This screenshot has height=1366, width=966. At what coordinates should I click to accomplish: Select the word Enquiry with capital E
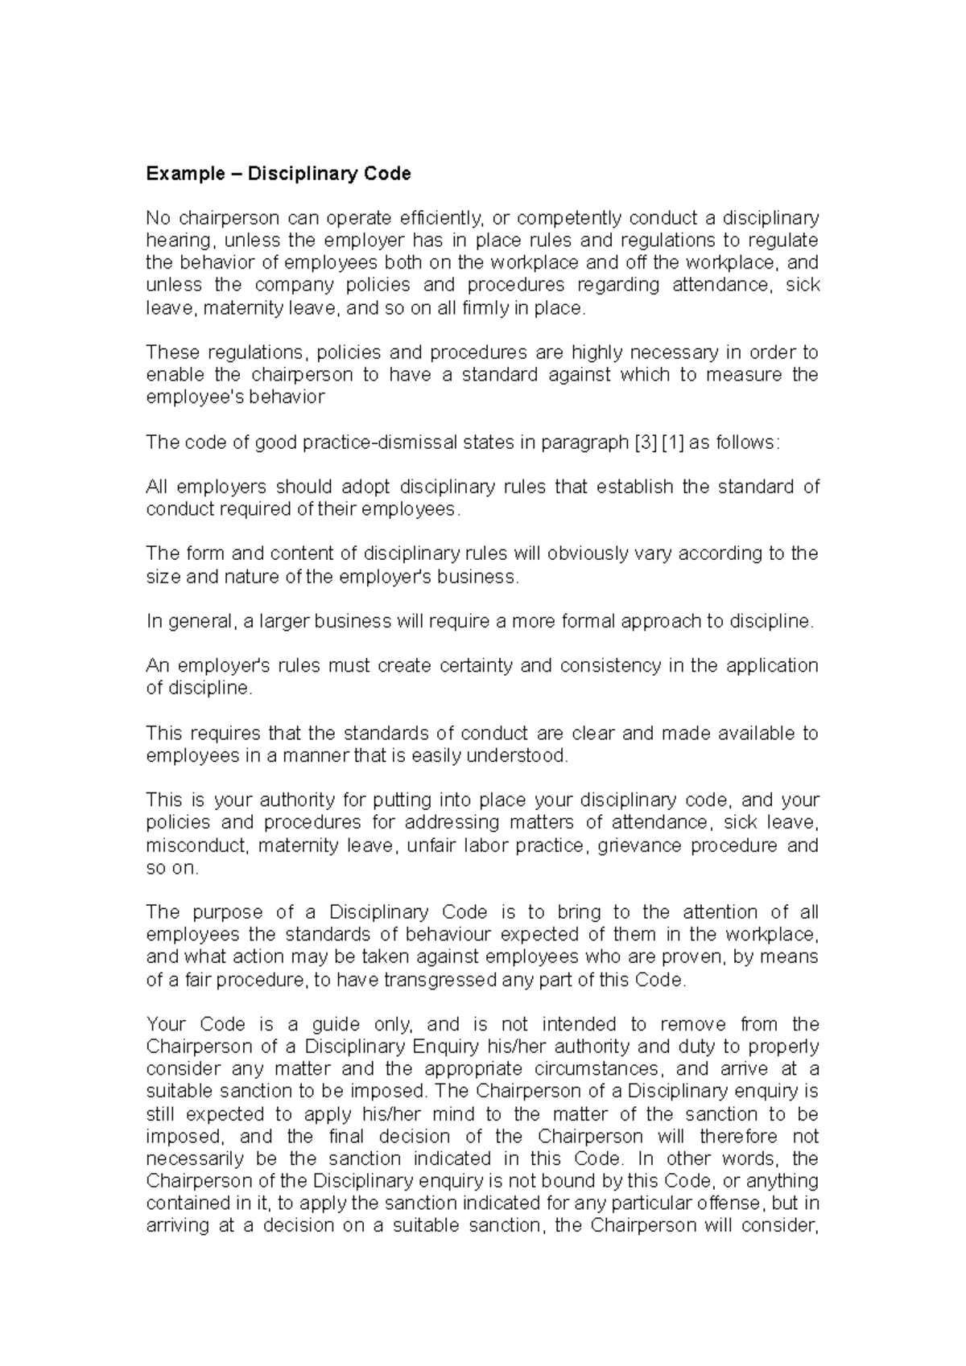coord(443,1047)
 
